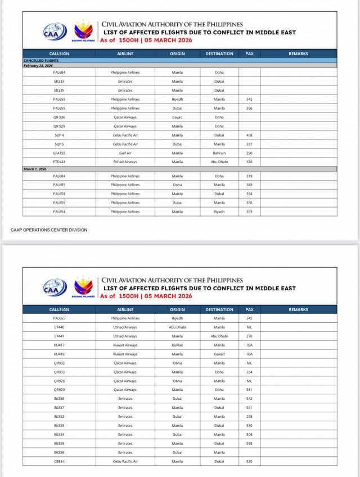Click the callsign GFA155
pyautogui.click(x=59, y=153)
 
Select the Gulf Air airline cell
pyautogui.click(x=125, y=153)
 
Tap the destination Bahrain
pyautogui.click(x=219, y=153)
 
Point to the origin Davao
pyautogui.click(x=177, y=117)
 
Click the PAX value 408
pyautogui.click(x=249, y=135)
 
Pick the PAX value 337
pyautogui.click(x=249, y=144)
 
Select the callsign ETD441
pyautogui.click(x=59, y=162)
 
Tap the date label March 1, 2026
pyautogui.click(x=35, y=169)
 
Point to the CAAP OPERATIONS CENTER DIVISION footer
pyautogui.click(x=49, y=229)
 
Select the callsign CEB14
pyautogui.click(x=59, y=462)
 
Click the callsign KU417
pyautogui.click(x=59, y=345)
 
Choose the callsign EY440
pyautogui.click(x=59, y=327)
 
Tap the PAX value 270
pyautogui.click(x=249, y=336)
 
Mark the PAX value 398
pyautogui.click(x=249, y=444)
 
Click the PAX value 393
pyautogui.click(x=249, y=211)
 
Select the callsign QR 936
pyautogui.click(x=59, y=117)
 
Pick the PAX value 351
pyautogui.click(x=249, y=390)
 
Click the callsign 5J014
pyautogui.click(x=59, y=135)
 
